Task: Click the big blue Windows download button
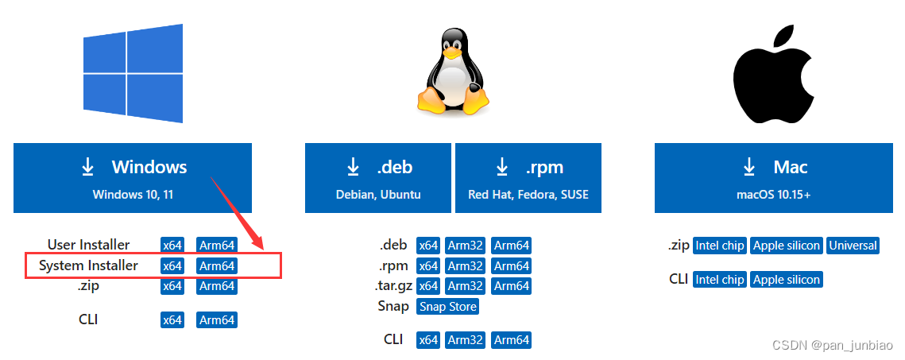click(x=133, y=178)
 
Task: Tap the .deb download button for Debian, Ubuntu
click(x=378, y=178)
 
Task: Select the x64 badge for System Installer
click(x=172, y=266)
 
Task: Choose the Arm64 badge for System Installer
click(x=216, y=266)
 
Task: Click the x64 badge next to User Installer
click(x=172, y=245)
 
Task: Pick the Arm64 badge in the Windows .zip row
click(x=216, y=286)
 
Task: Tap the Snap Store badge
click(x=447, y=307)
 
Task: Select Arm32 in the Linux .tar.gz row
click(x=466, y=286)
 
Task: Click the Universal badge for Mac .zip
click(x=853, y=246)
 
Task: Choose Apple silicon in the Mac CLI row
click(x=786, y=280)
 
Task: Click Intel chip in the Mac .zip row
click(x=719, y=246)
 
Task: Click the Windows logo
click(x=133, y=73)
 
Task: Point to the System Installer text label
click(x=88, y=265)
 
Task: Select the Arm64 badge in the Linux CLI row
click(x=511, y=340)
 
